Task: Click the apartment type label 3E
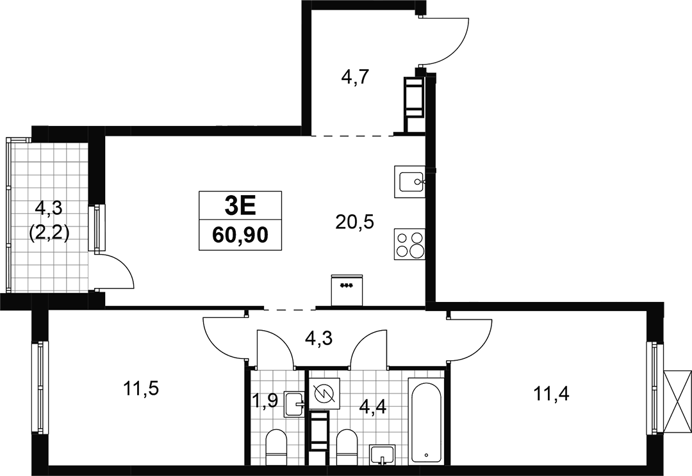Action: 240,205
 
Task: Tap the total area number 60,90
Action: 240,236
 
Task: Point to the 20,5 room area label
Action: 354,222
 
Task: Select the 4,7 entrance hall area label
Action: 355,78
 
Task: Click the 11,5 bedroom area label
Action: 141,389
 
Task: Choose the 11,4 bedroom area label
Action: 552,393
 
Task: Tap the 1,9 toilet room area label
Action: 265,402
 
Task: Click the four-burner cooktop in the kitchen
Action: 409,244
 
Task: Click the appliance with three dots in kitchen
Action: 347,290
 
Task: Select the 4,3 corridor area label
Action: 319,338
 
